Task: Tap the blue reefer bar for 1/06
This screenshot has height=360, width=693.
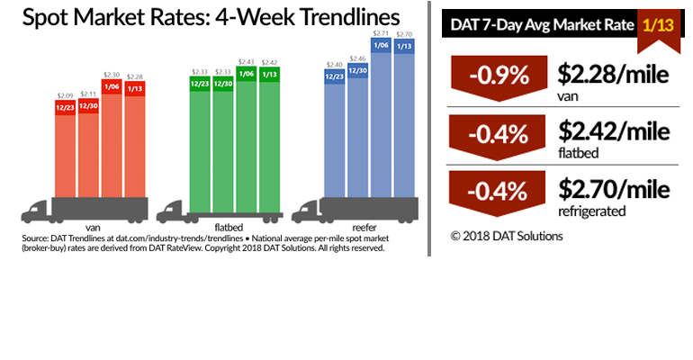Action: point(381,126)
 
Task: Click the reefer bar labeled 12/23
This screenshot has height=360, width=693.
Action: point(335,135)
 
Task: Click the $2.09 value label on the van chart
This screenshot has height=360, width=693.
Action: point(65,95)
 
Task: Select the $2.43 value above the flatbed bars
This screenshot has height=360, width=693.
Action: point(246,61)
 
